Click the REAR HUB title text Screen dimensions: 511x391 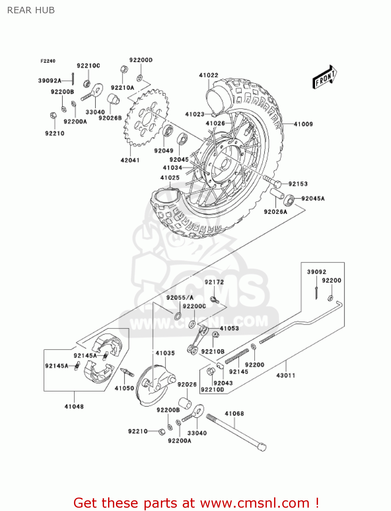(x=31, y=10)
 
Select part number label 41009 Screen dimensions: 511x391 (x=303, y=124)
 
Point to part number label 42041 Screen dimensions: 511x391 (x=130, y=160)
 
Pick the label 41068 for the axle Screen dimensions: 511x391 (x=234, y=414)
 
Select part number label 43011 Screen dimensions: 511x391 (x=285, y=375)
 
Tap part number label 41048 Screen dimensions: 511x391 (x=74, y=406)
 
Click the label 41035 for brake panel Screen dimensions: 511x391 (x=165, y=353)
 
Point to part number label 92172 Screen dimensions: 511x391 (x=214, y=282)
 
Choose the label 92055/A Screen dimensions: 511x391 (x=180, y=297)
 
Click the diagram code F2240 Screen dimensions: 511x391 (x=48, y=61)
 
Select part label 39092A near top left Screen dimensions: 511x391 (x=49, y=81)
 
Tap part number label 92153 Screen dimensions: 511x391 (x=298, y=184)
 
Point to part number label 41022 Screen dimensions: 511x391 (x=208, y=75)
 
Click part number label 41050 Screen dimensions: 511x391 (x=124, y=388)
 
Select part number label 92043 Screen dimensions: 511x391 (x=223, y=383)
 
